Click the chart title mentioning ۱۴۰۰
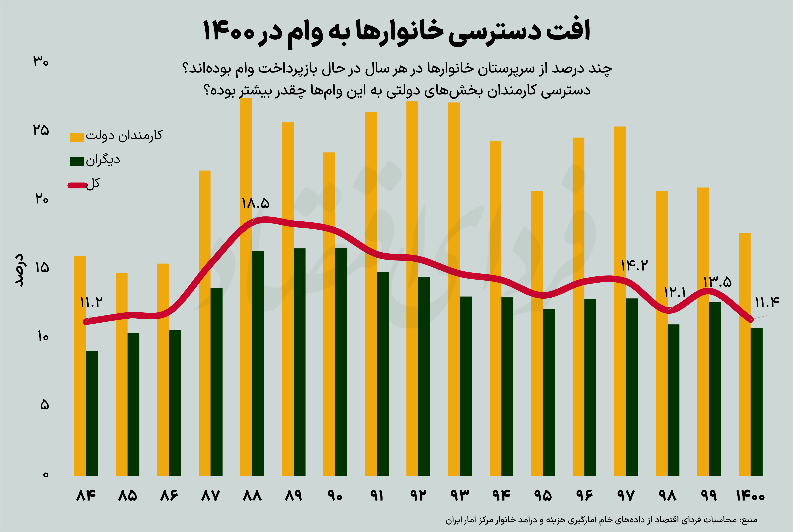tap(396, 31)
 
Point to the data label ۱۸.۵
tap(255, 204)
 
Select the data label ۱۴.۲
tap(634, 265)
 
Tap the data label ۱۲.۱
tap(675, 292)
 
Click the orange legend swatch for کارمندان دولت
tap(77, 137)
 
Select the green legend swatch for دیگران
tap(77, 161)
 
